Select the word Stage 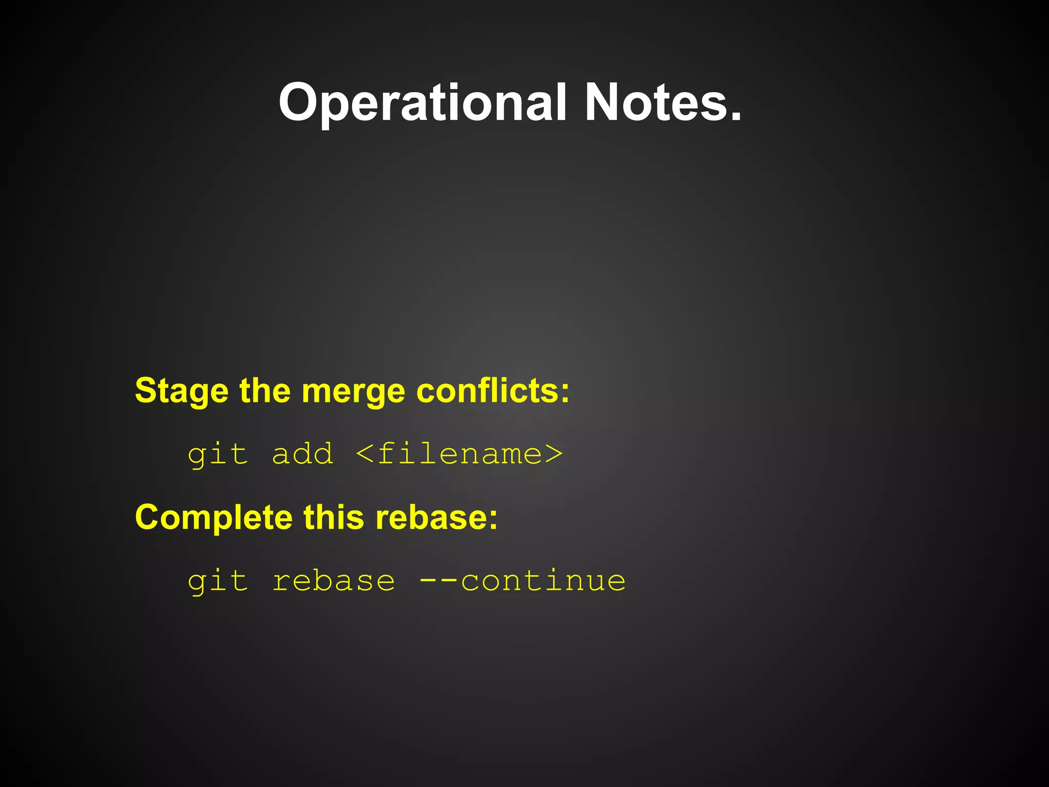click(x=181, y=391)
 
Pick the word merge click(x=353, y=391)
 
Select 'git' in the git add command click(x=218, y=454)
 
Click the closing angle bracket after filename click(x=554, y=454)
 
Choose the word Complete click(x=214, y=517)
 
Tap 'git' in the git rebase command click(x=218, y=582)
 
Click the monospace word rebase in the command click(x=333, y=581)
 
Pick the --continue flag click(x=522, y=581)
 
